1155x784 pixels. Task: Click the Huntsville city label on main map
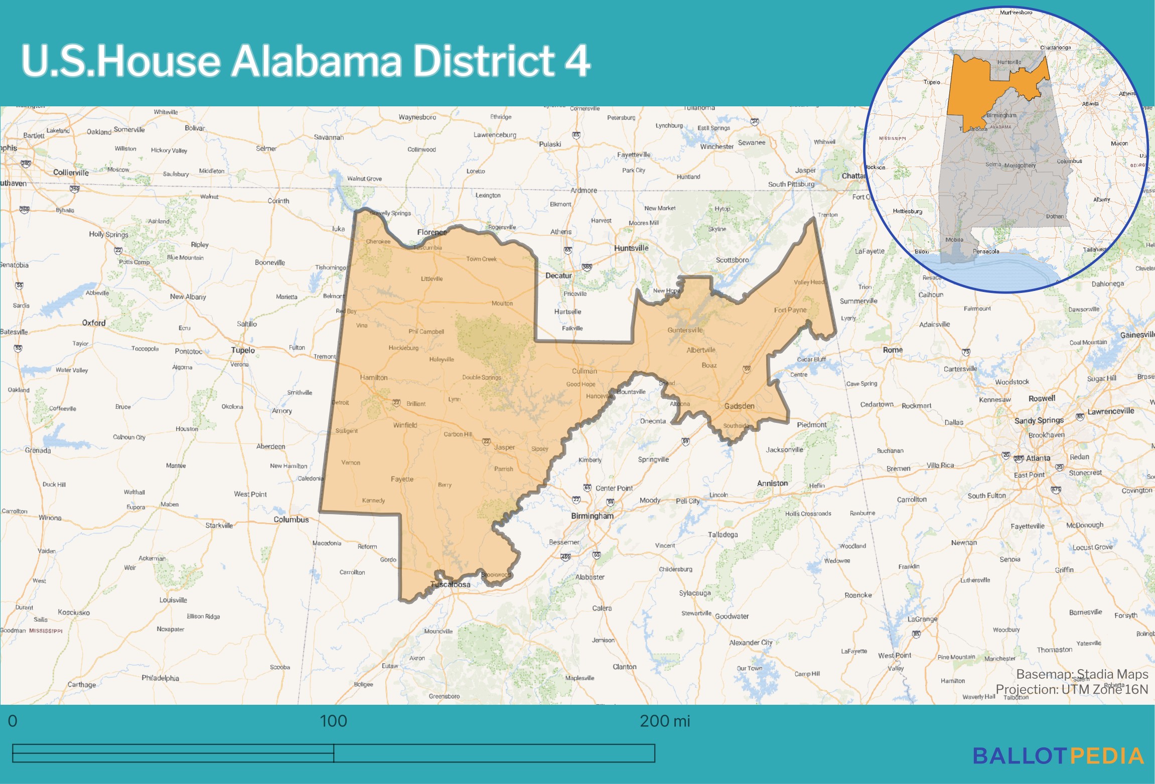[x=631, y=248]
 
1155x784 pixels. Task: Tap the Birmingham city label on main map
[x=592, y=516]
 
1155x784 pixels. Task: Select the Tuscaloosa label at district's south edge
[x=451, y=584]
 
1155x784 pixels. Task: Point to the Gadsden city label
[x=739, y=406]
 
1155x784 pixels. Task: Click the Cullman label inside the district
[x=585, y=371]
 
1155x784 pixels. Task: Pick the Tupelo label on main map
[x=243, y=350]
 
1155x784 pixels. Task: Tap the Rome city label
[x=893, y=350]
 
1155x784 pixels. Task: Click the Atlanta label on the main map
[x=1038, y=458]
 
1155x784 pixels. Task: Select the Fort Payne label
[x=790, y=310]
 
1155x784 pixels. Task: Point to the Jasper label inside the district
[x=504, y=447]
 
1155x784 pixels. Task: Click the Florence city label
[x=431, y=232]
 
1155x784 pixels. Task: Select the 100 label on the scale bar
[x=333, y=721]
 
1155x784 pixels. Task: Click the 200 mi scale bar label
[x=665, y=721]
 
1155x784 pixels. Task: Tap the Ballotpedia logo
[x=1058, y=756]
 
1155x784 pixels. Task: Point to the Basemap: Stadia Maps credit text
[x=1082, y=674]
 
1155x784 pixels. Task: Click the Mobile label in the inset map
[x=954, y=240]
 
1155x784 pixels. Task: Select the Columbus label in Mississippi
[x=291, y=520]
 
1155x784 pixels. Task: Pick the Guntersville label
[x=685, y=330]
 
